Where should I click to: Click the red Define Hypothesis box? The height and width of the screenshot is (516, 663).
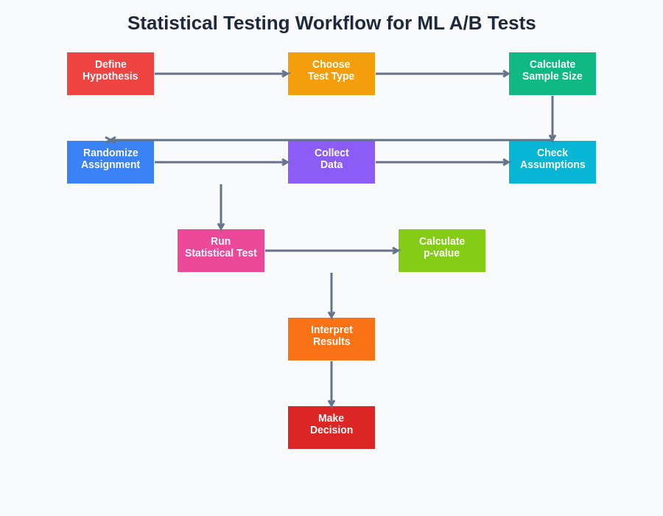click(110, 74)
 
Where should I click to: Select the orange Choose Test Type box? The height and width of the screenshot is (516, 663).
click(331, 74)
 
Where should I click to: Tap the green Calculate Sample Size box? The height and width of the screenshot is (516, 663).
click(552, 74)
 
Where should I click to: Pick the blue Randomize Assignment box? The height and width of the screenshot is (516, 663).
click(110, 162)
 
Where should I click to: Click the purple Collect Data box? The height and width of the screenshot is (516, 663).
click(331, 162)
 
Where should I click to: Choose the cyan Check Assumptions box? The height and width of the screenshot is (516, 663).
click(552, 162)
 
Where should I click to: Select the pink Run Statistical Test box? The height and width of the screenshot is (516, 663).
click(221, 251)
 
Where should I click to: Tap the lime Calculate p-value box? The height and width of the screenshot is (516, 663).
click(442, 251)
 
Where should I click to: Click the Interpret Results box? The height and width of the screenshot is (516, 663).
click(331, 339)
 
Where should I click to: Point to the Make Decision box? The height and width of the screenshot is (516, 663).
click(331, 428)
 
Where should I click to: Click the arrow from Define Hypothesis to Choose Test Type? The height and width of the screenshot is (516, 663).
click(221, 74)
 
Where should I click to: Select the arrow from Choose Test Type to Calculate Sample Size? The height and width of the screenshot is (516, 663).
click(442, 74)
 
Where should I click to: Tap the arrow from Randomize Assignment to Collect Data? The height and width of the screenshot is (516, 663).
click(221, 162)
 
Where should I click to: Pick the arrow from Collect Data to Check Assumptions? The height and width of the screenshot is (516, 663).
click(442, 162)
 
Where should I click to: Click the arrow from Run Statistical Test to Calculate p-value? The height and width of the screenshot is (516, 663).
click(331, 251)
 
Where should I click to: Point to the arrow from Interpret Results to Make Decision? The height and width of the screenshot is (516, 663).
click(331, 383)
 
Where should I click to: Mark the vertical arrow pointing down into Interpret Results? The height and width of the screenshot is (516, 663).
click(331, 295)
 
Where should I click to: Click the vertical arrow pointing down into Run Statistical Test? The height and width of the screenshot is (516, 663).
click(221, 206)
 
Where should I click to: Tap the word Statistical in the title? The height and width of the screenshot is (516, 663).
click(172, 24)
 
